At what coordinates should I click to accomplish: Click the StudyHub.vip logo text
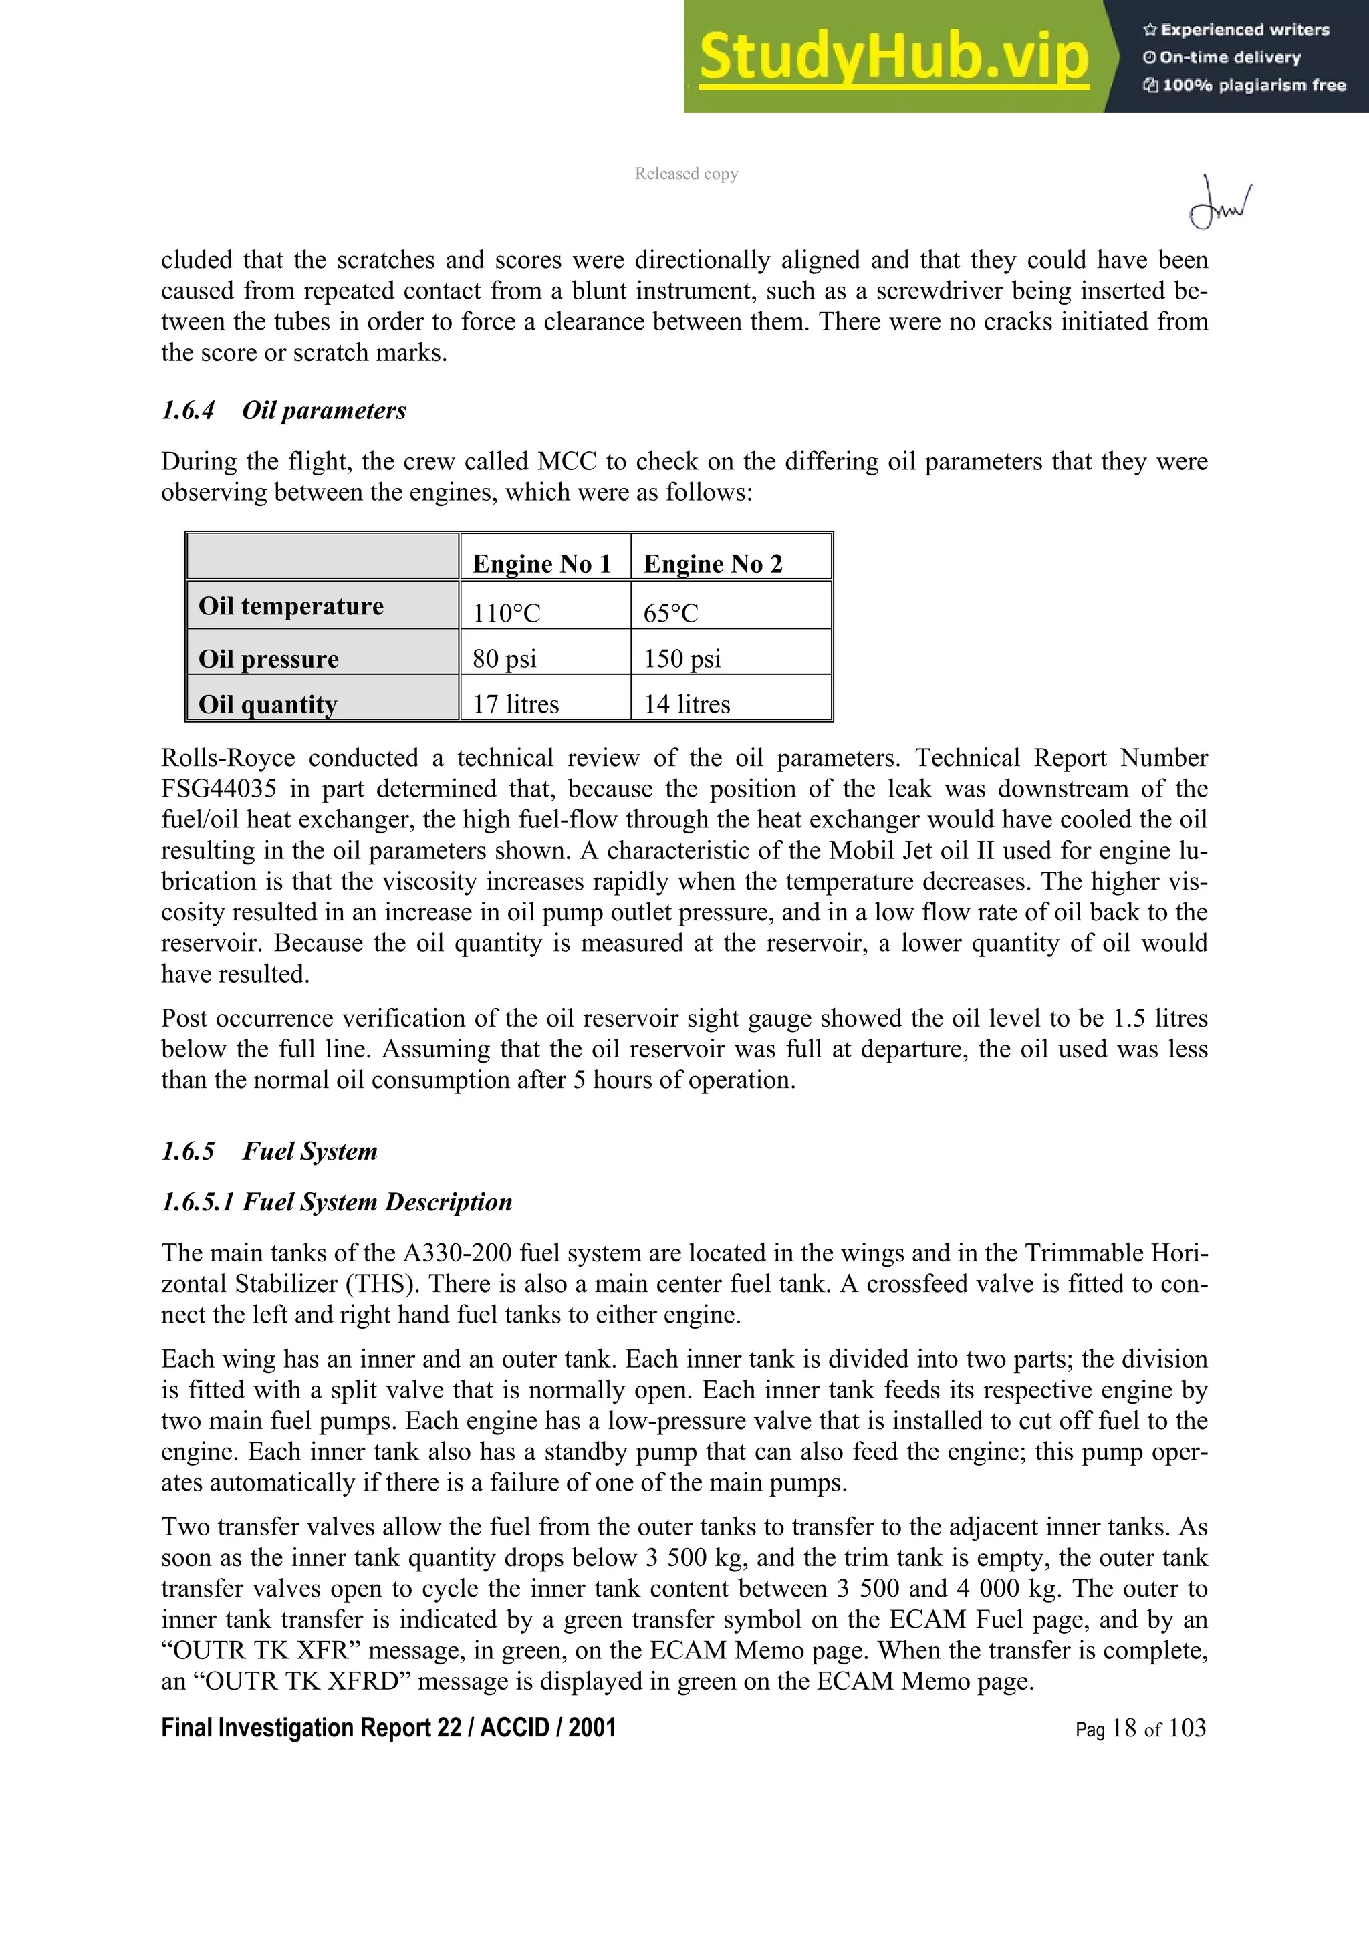[892, 57]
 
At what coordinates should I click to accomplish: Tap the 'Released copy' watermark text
[686, 174]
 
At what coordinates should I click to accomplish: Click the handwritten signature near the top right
[1219, 203]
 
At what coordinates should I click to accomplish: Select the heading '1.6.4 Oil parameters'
[283, 411]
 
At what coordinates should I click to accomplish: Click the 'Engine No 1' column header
[541, 563]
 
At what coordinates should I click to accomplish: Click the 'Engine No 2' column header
[713, 563]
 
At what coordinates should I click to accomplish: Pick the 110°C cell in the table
[506, 612]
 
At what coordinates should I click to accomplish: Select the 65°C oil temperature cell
[670, 612]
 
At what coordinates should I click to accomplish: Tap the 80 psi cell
[505, 658]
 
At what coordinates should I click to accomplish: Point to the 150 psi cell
[682, 658]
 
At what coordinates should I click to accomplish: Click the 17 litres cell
[515, 704]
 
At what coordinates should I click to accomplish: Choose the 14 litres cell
[687, 704]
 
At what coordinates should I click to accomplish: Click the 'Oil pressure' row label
[268, 658]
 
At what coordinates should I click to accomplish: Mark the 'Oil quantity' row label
[267, 704]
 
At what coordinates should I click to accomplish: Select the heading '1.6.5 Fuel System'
[269, 1151]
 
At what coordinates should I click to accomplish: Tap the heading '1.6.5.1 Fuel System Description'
[336, 1201]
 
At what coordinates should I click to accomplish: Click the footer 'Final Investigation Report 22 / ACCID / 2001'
[388, 1728]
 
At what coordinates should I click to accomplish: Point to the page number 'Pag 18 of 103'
[1140, 1728]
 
